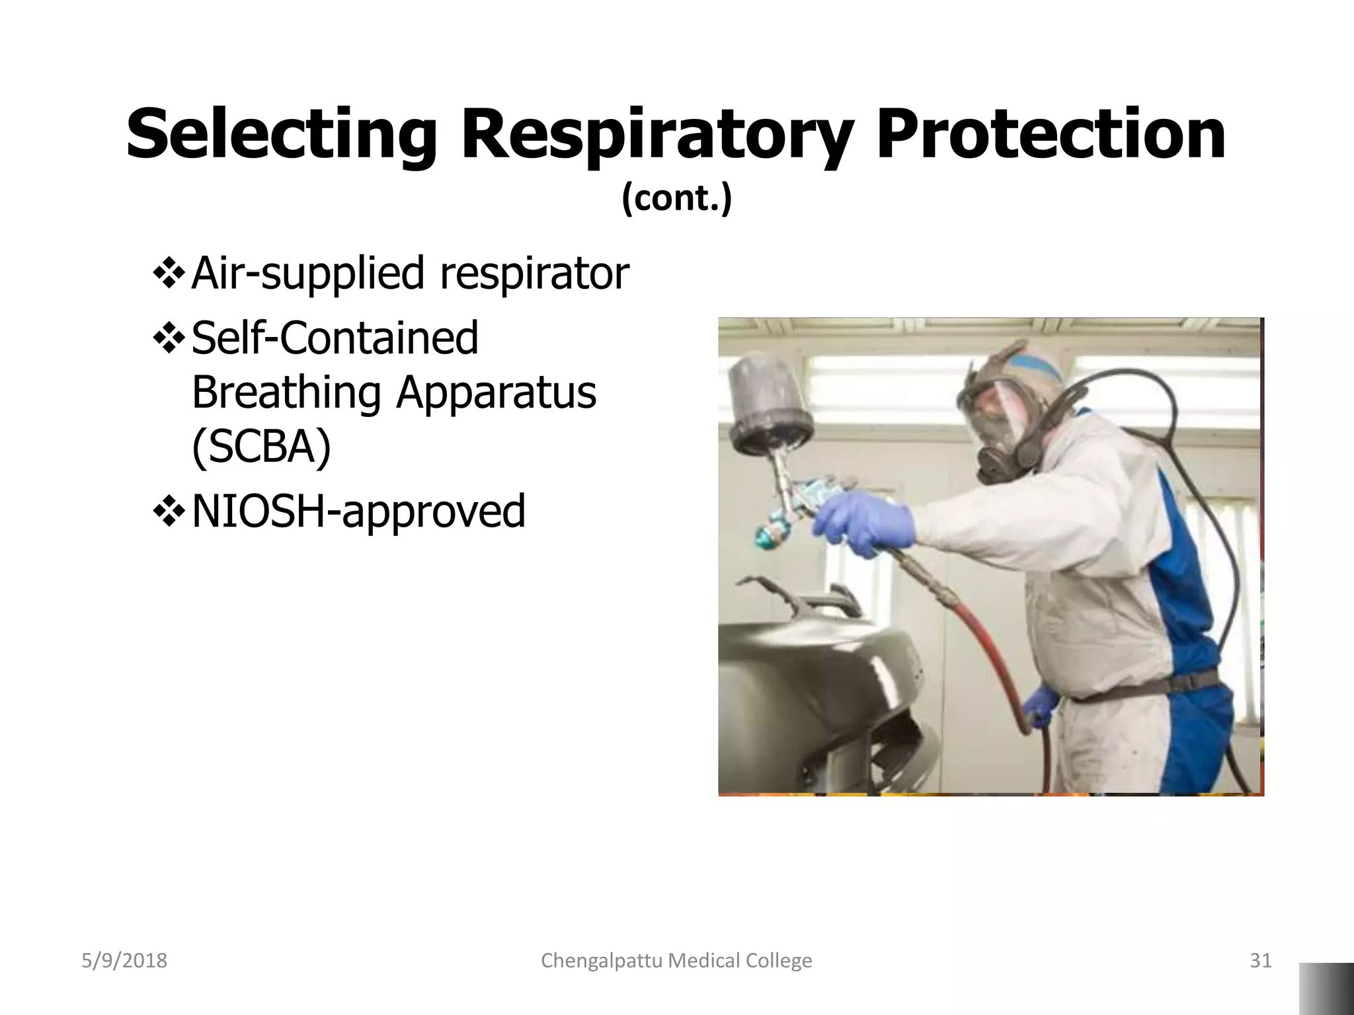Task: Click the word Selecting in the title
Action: [281, 135]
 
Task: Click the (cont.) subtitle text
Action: [676, 198]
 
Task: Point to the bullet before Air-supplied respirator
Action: [168, 274]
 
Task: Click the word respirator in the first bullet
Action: [534, 274]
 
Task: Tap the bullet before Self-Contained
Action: [168, 337]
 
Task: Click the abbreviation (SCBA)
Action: [261, 447]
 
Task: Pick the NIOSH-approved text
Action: [358, 511]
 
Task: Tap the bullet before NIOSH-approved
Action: [168, 511]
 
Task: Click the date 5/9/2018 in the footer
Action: [124, 960]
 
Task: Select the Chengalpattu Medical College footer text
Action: [676, 960]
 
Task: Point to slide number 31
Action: [1260, 960]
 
